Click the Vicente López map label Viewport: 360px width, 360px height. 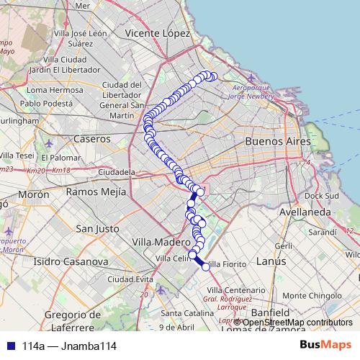(x=157, y=33)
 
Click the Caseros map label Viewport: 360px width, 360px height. (x=91, y=138)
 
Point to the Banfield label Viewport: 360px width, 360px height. (x=271, y=312)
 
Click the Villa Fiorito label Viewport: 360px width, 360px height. (x=228, y=265)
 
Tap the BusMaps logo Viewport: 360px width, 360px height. (x=325, y=346)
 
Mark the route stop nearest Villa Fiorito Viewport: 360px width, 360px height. (x=206, y=267)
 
